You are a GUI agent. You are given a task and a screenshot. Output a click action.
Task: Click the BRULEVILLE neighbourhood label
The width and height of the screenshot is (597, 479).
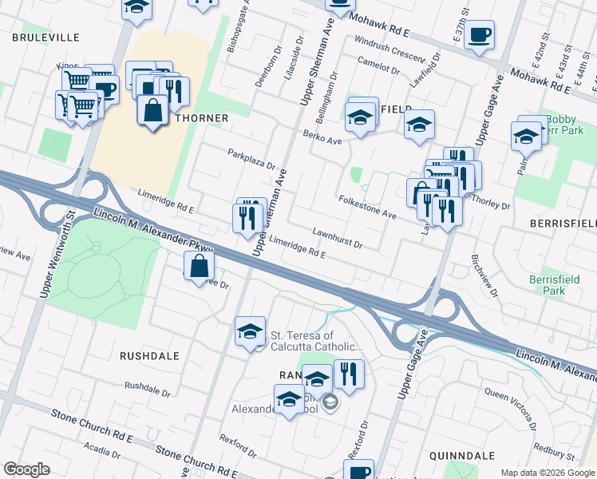45,37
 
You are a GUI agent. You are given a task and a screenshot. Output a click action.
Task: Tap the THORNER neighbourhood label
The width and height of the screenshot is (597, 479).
202,117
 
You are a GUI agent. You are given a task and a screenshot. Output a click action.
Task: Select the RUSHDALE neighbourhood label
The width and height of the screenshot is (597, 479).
149,354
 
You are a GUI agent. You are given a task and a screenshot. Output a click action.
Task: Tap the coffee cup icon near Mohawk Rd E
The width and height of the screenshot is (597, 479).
479,36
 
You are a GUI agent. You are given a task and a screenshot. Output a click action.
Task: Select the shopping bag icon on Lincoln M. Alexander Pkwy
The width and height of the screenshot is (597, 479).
200,267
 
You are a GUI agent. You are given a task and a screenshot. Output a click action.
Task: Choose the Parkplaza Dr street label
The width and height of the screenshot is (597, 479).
251,160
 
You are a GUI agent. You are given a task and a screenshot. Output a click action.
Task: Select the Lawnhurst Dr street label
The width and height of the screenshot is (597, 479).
338,238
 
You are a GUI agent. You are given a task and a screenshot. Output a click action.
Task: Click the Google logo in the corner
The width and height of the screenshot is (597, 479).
26,469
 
